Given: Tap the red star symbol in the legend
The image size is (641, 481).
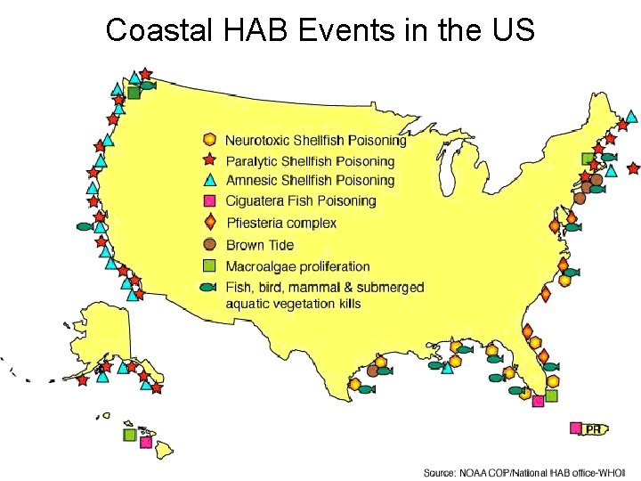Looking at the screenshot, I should point(209,160).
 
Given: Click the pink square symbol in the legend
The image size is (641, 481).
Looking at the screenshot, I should point(209,201).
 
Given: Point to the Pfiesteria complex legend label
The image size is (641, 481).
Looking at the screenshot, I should point(281,223).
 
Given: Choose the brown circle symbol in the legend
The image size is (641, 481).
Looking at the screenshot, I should point(209,244).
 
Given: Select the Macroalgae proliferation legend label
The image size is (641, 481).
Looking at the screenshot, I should point(297,266).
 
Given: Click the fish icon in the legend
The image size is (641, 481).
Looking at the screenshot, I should point(209,288).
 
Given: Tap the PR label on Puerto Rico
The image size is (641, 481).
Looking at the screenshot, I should point(593,429).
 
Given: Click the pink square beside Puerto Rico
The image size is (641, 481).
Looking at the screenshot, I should point(576,428).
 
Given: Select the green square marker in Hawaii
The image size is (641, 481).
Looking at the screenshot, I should point(130,435).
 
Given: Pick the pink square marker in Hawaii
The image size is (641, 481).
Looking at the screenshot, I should point(145,442).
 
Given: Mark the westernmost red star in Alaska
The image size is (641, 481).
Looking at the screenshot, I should point(82,380).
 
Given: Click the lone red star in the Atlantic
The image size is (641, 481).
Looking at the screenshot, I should point(633,167).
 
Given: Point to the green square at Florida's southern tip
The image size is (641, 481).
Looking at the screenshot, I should point(552,395).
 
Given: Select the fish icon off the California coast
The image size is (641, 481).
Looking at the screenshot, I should point(85,226).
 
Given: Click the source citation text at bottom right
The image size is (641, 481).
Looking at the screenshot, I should point(525,470).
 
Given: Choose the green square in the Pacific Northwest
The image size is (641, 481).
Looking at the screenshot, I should point(133,92).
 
